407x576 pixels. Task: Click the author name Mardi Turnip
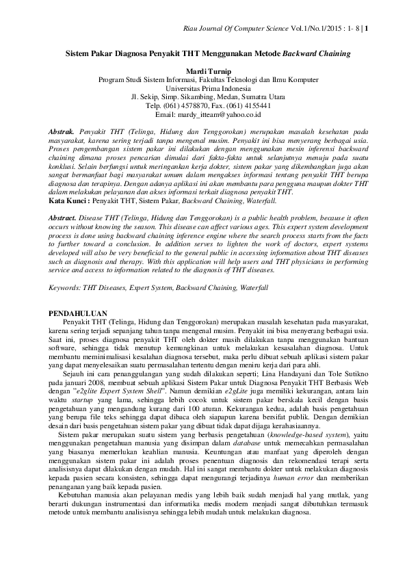203,70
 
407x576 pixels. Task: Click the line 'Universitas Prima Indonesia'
204,88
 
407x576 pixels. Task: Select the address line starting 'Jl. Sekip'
203,97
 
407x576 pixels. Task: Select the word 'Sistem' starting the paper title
77,53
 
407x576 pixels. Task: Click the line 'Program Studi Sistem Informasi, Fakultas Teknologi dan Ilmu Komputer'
203,79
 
